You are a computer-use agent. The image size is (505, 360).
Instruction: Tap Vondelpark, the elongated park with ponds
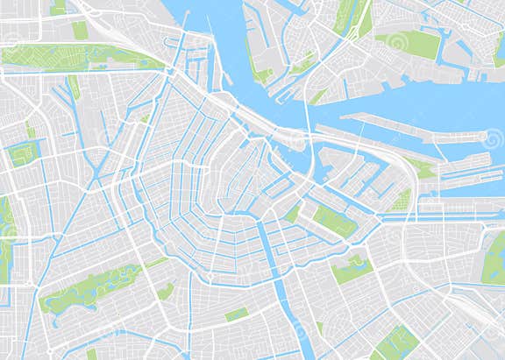pyautogui.click(x=88, y=289)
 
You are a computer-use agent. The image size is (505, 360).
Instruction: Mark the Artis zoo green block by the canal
pyautogui.click(x=334, y=221)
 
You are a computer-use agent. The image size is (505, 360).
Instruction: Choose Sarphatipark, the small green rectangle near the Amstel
pyautogui.click(x=236, y=314)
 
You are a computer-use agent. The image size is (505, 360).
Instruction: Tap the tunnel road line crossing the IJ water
pyautogui.click(x=306, y=123)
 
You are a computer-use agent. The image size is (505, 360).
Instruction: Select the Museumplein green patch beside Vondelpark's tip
pyautogui.click(x=166, y=292)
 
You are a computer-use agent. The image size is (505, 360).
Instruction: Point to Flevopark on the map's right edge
pyautogui.click(x=493, y=259)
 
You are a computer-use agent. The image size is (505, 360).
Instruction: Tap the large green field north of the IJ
pyautogui.click(x=412, y=44)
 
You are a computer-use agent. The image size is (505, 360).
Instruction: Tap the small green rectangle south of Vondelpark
pyautogui.click(x=91, y=353)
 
